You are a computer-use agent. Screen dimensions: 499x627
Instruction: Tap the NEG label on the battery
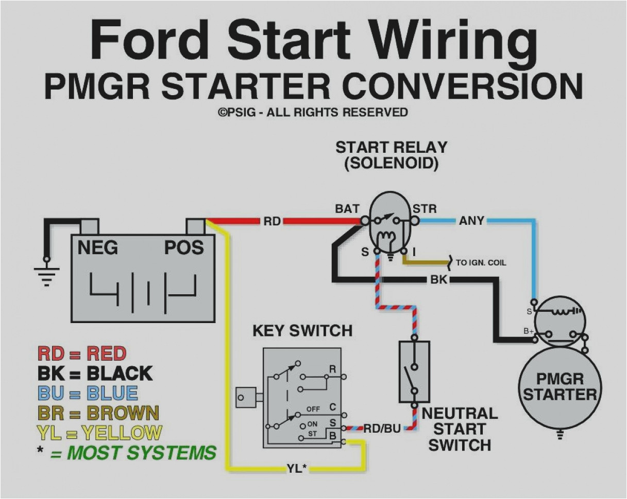coord(97,248)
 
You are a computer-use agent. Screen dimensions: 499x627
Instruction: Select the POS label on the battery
coord(184,248)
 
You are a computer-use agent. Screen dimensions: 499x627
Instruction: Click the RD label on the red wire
coord(272,221)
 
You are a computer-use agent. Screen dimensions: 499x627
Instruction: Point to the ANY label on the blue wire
coord(471,221)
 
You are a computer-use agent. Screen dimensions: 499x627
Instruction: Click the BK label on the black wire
coord(438,280)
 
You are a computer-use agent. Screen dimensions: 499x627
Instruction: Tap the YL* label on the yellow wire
coord(297,468)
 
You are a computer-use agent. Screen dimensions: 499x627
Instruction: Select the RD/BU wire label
coord(382,428)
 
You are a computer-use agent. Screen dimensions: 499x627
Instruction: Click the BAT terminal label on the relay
coord(347,209)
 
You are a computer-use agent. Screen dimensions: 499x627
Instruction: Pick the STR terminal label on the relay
coord(425,209)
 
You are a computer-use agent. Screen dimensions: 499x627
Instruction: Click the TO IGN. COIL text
coord(480,262)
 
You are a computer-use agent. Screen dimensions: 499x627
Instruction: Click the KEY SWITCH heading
coord(302,331)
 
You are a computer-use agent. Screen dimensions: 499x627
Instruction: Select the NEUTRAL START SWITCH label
coord(460,429)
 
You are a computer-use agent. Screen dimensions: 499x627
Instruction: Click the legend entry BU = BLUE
coord(88,394)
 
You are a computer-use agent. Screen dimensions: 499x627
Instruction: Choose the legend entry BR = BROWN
coord(98,413)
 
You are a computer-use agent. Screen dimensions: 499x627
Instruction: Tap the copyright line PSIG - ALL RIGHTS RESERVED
coord(313,112)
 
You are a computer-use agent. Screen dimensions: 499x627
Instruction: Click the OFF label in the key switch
coord(313,409)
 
